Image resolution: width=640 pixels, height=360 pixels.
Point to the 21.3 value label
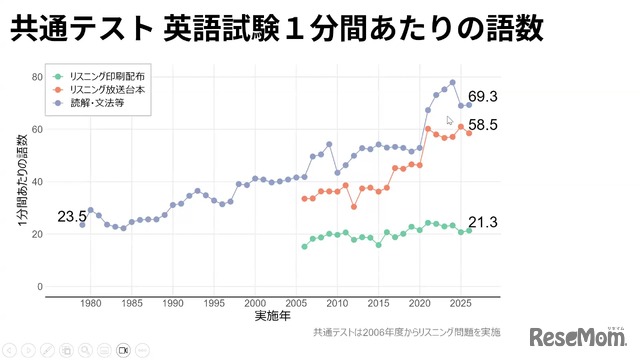tap(482, 222)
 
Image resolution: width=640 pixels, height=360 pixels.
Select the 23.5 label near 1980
tap(71, 216)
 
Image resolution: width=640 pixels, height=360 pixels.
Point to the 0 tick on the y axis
tap(39, 287)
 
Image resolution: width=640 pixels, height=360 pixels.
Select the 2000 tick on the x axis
tap(255, 303)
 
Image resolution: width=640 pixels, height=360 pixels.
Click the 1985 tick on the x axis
tap(132, 303)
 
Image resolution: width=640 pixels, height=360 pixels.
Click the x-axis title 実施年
tap(273, 317)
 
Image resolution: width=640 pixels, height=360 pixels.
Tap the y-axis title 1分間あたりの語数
tap(22, 182)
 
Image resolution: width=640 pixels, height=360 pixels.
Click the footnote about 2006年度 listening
tap(405, 332)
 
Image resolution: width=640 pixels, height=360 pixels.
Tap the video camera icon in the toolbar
tap(124, 350)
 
